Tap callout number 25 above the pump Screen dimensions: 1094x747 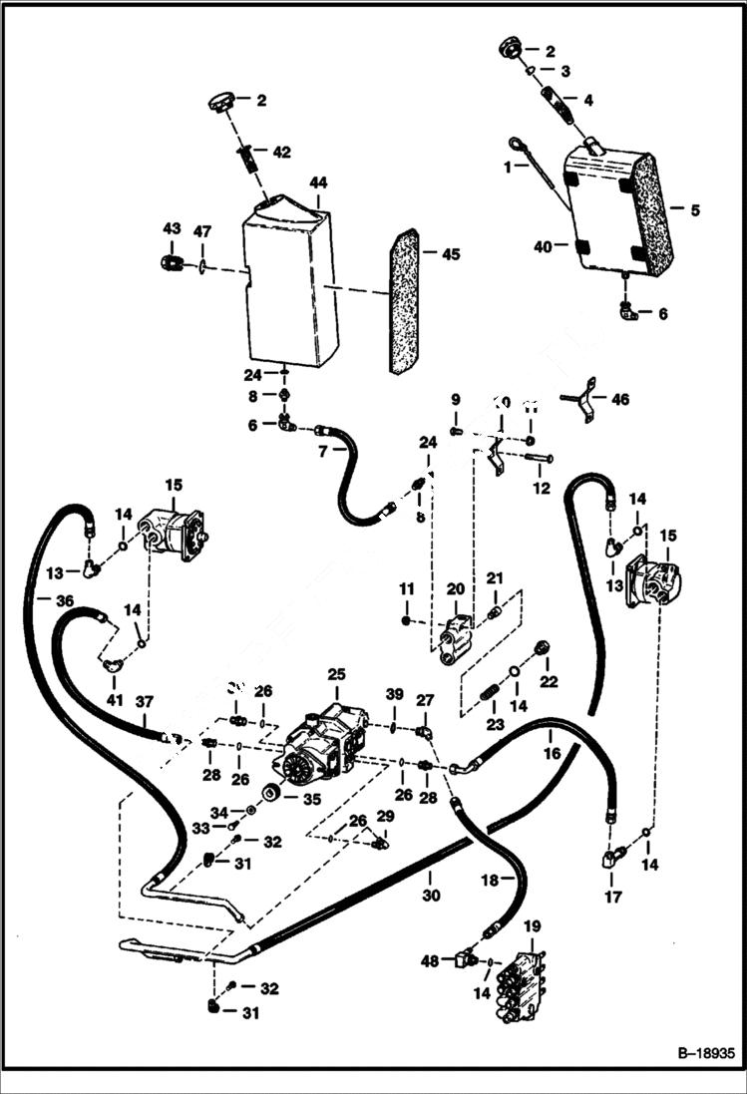336,674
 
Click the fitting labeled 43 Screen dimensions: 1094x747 170,262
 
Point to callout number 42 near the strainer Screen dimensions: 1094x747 281,153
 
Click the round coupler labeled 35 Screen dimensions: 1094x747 269,795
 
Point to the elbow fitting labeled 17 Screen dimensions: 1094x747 610,856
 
